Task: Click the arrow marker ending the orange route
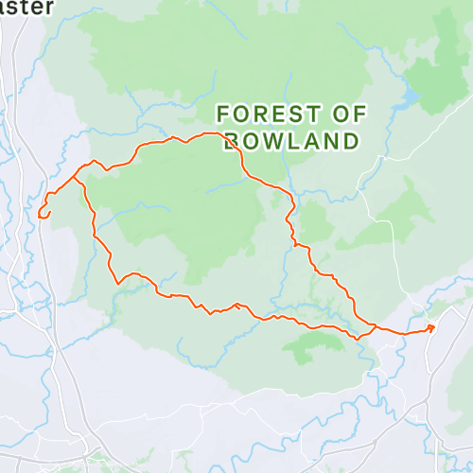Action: (430, 328)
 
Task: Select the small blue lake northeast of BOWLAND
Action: (408, 98)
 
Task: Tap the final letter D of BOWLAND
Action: (351, 142)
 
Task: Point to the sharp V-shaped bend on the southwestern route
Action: (118, 282)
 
